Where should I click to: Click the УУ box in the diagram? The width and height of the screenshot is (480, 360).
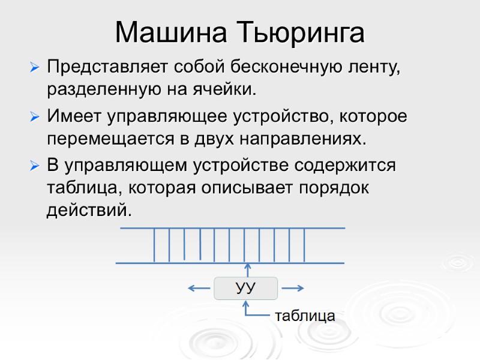coord(246,289)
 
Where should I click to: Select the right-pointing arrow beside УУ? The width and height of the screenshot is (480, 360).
coord(293,289)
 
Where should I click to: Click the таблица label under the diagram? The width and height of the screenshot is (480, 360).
coord(305,316)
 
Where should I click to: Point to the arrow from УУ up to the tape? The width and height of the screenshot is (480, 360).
coord(246,270)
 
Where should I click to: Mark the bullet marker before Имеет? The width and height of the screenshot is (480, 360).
coord(35,116)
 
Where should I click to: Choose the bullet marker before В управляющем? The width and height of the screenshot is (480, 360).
coord(35,165)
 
